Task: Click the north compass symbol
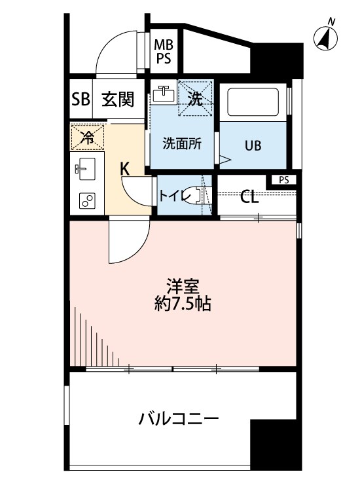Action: pos(325,37)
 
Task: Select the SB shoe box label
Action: pos(80,100)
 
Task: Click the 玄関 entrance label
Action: pos(118,100)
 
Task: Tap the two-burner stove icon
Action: pos(86,202)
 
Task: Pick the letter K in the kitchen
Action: pos(124,168)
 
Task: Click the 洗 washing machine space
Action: pos(195,99)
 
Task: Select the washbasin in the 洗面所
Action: pos(164,94)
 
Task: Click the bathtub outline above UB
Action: pos(255,103)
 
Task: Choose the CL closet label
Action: pos(249,197)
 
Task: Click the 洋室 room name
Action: pos(182,285)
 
